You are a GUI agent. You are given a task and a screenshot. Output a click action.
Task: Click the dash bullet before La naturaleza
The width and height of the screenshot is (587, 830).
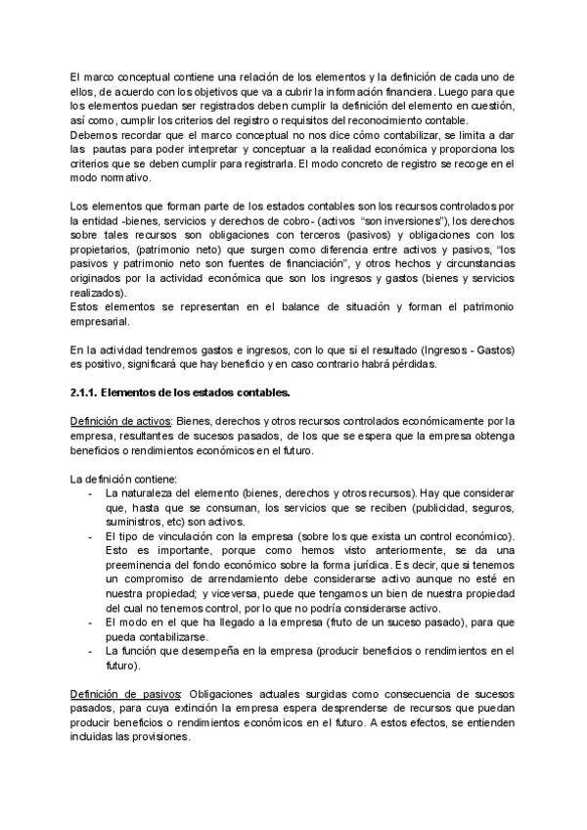point(91,494)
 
